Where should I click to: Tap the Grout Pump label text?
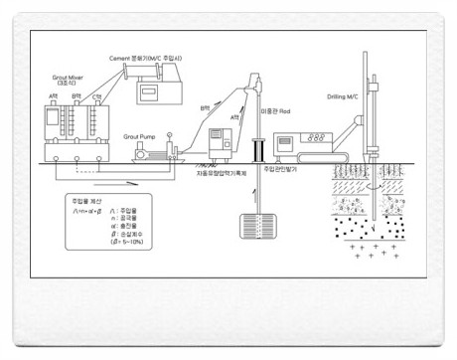[144, 131]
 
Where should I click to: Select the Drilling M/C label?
[348, 97]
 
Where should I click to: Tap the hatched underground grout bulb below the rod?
[257, 226]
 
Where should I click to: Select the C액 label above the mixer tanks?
[96, 97]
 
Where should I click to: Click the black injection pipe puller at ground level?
[257, 149]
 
